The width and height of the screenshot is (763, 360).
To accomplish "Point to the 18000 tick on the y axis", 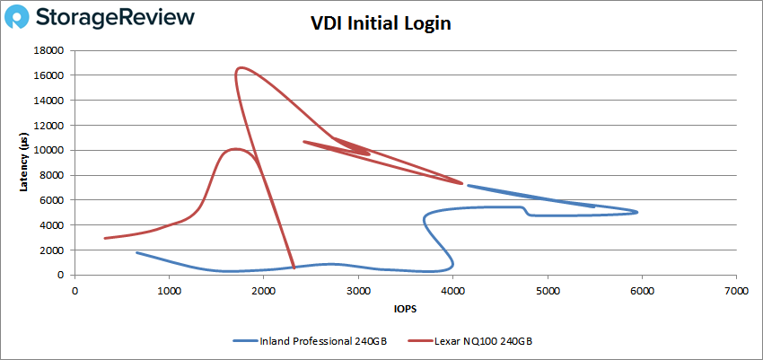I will click(51, 50).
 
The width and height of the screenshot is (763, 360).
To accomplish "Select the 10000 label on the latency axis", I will click(51, 150).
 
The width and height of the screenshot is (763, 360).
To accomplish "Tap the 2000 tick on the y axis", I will click(54, 250).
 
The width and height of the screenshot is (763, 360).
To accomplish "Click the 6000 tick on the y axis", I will click(54, 200).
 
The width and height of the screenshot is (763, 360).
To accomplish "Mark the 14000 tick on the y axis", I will click(51, 101).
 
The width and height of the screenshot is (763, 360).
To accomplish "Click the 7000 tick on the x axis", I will click(736, 289).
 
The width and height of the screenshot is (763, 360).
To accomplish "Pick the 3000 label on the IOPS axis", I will click(358, 289).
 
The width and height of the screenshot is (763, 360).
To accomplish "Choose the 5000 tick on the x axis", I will click(548, 289).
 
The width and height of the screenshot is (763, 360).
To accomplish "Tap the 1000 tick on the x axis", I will click(169, 289).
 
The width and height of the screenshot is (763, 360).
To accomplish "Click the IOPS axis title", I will click(404, 309).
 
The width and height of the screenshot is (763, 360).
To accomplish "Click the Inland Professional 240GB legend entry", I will click(310, 340).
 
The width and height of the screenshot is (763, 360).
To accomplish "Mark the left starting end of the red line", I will click(105, 238).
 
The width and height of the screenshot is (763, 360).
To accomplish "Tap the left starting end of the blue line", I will click(137, 252).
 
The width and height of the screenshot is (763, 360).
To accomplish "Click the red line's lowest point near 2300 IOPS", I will click(294, 268).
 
